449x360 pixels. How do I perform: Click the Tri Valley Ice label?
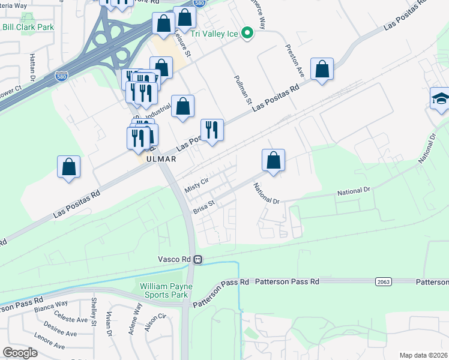point(215,34)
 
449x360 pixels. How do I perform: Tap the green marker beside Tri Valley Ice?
point(247,34)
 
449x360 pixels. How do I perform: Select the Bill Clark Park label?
point(28,27)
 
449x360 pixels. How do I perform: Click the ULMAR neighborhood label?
point(159,159)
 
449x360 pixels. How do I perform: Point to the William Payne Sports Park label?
point(164,290)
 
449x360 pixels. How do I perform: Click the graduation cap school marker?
point(441,99)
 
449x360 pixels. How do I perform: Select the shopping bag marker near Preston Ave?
point(322,70)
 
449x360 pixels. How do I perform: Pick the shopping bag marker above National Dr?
point(273,160)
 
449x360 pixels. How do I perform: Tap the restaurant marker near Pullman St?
point(212,130)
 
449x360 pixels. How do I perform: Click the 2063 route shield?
point(384,281)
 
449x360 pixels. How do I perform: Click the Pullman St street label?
point(243,88)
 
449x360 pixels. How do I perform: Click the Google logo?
point(20,353)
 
